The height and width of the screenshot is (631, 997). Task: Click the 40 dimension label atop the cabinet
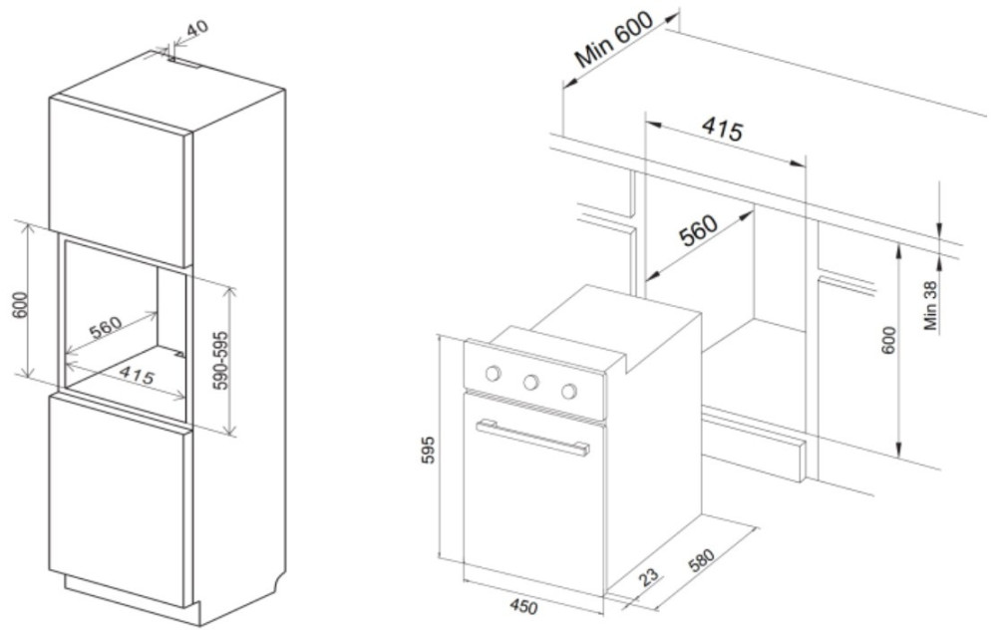[197, 29]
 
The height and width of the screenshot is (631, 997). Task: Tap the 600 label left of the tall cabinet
[21, 306]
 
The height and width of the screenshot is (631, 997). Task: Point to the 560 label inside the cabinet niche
[106, 328]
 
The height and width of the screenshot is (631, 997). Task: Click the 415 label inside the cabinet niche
[136, 375]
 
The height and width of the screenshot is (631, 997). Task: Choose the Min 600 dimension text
[613, 40]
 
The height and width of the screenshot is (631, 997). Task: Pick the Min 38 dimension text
[930, 306]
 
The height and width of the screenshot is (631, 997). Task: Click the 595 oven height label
[429, 450]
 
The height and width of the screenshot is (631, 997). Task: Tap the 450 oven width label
[523, 607]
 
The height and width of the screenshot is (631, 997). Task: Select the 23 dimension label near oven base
[649, 577]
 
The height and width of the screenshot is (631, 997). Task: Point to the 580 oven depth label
[701, 559]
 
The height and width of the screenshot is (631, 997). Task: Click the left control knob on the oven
[493, 374]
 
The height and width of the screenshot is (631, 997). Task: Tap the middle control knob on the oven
[531, 382]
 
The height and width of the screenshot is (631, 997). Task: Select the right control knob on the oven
[569, 391]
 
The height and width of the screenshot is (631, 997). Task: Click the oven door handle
[532, 437]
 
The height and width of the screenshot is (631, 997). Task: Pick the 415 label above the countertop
[722, 129]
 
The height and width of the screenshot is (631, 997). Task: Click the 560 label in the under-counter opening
[698, 230]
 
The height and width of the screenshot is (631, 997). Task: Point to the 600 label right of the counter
[889, 340]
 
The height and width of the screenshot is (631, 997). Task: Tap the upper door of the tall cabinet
[121, 181]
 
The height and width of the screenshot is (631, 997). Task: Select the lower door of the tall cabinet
[121, 498]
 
